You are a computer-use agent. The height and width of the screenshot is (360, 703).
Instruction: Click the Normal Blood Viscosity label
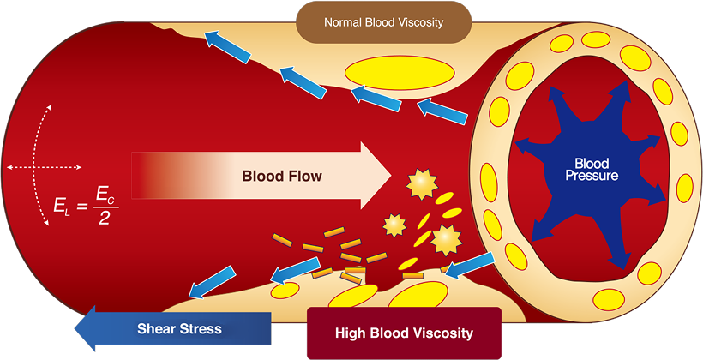[x=383, y=22]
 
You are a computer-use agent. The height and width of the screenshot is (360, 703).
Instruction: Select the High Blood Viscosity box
[x=404, y=333]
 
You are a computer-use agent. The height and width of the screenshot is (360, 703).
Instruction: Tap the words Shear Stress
[x=179, y=328]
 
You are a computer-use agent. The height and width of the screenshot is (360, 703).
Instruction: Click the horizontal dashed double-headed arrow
[x=44, y=166]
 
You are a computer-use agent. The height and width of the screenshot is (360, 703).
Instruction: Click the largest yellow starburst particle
[x=446, y=239]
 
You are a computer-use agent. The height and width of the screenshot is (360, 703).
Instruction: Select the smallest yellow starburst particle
[x=394, y=225]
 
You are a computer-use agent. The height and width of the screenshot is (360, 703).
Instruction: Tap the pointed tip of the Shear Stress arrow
[x=75, y=328]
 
